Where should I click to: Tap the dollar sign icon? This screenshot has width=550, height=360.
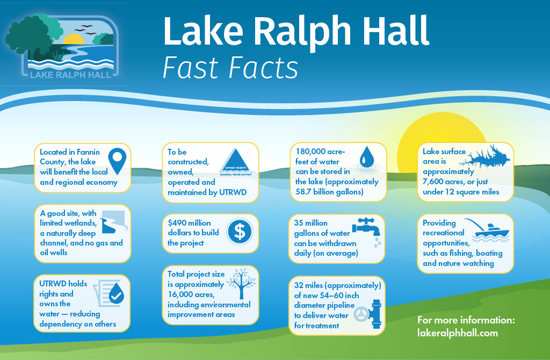(240, 231)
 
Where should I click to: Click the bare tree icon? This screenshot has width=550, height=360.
(239, 285)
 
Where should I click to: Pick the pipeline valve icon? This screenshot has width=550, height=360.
(371, 311)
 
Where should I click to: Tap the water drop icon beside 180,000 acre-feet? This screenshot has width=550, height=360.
(367, 158)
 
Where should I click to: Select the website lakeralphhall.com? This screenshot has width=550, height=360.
(458, 333)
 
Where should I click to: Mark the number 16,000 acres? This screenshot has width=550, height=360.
(192, 294)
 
